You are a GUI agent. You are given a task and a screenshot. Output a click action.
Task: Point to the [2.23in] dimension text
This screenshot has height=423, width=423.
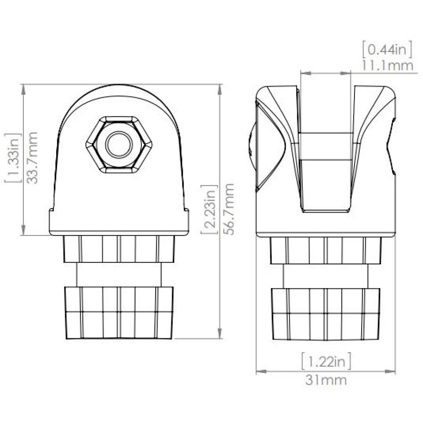(x=209, y=210)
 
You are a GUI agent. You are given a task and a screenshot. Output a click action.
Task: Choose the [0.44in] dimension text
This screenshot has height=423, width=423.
(x=387, y=50)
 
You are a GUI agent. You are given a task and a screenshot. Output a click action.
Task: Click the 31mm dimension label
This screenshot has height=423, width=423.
(x=326, y=380)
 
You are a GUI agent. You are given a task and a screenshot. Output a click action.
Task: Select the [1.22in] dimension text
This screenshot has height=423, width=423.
(x=326, y=362)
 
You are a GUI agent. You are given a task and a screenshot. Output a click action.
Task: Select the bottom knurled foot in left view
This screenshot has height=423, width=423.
(x=118, y=313)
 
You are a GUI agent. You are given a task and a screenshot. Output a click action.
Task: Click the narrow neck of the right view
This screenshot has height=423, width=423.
(x=326, y=275)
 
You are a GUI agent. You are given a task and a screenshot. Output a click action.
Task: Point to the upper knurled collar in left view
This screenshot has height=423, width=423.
(x=118, y=249)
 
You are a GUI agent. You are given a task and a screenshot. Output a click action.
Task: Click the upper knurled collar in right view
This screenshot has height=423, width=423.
(x=326, y=250)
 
